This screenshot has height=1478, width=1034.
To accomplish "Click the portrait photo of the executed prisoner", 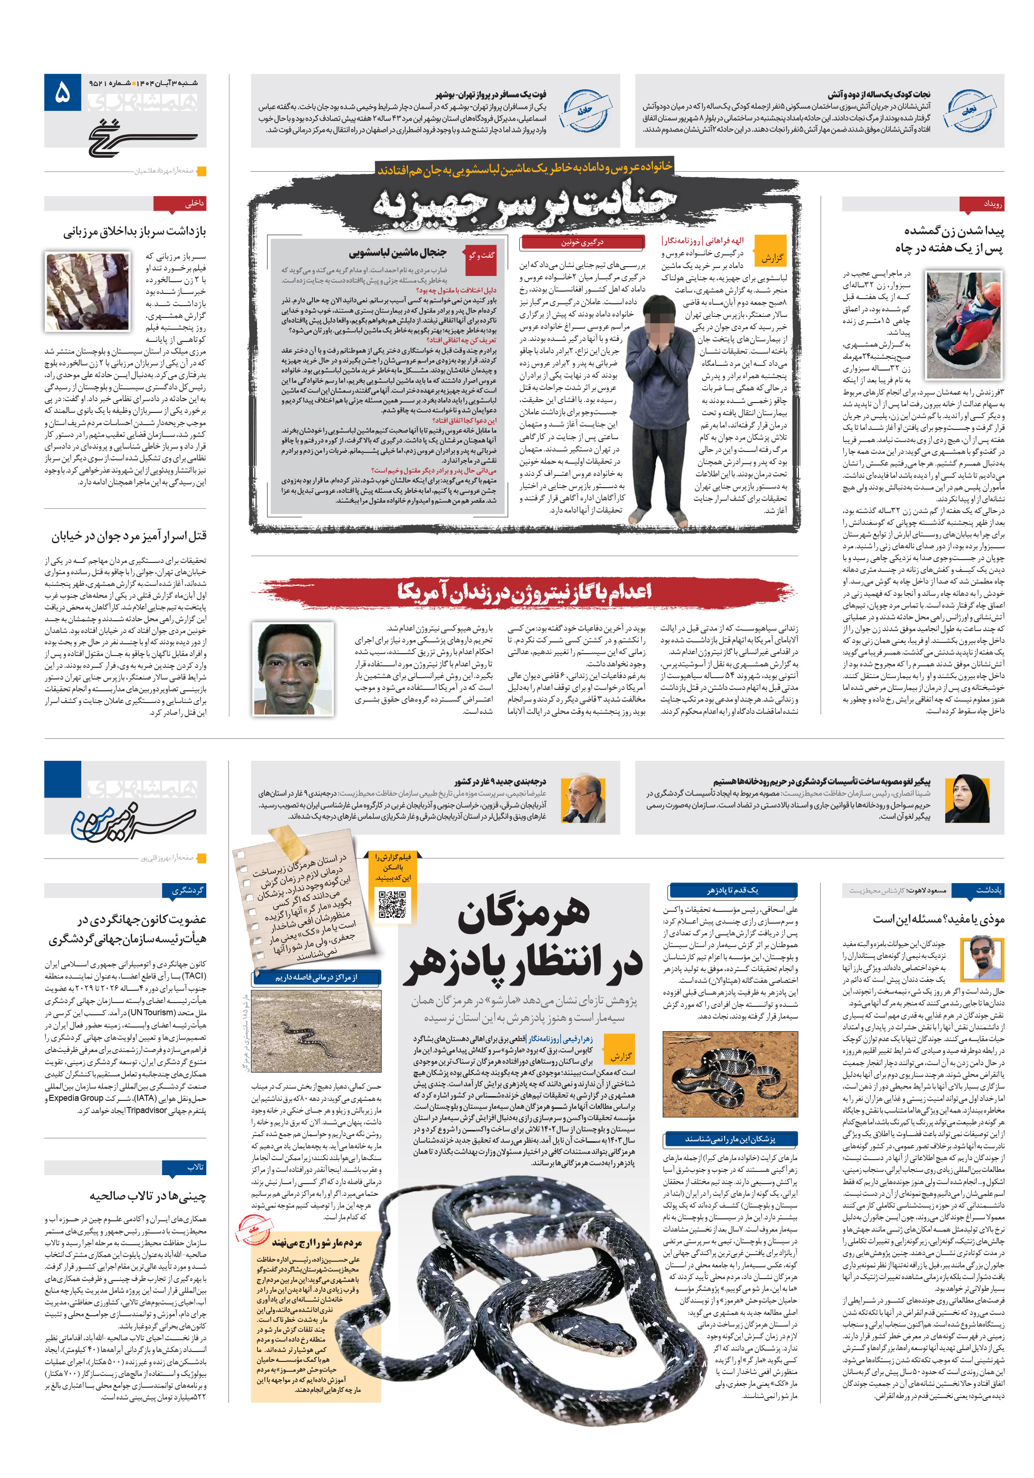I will click(x=293, y=669).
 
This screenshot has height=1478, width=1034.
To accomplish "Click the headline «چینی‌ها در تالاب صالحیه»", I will click(x=148, y=1195).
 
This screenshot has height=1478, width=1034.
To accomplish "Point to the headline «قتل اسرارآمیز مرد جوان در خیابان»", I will click(x=129, y=536).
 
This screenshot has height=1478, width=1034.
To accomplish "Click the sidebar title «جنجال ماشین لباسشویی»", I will click(x=397, y=253).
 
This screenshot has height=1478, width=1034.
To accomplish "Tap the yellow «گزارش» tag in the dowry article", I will click(x=771, y=258).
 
